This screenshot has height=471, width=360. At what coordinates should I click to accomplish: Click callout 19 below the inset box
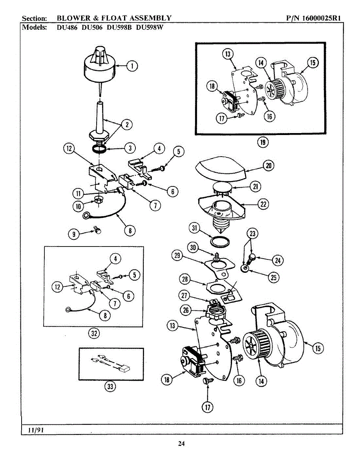coord(262,142)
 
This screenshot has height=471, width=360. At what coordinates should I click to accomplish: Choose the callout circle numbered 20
coord(269,166)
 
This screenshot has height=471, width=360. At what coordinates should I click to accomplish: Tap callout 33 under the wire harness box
coord(110,387)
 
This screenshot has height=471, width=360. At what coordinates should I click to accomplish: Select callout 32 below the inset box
coord(93,334)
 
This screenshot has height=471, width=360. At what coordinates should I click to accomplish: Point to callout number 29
coord(177,255)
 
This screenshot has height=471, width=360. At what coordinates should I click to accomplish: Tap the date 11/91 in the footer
coord(35,430)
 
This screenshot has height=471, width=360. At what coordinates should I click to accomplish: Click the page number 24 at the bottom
coord(181,444)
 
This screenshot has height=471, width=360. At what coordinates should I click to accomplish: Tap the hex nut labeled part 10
coord(97,201)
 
